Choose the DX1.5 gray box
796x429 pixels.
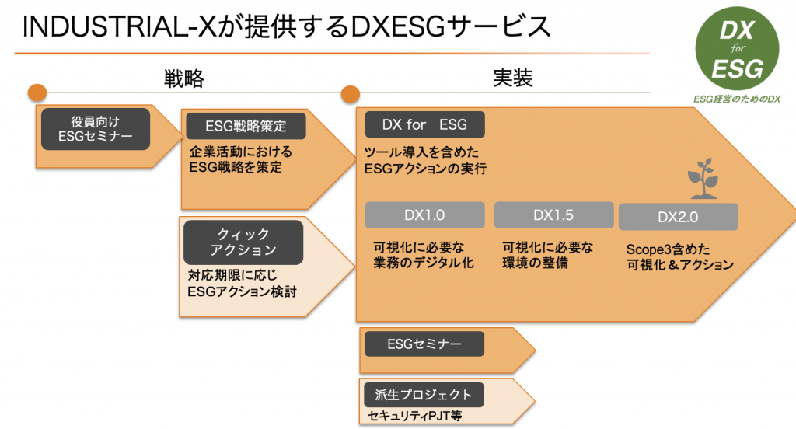click(553, 215)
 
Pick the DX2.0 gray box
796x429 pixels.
click(679, 217)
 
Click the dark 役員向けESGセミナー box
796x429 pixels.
click(96, 129)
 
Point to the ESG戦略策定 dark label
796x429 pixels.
click(246, 126)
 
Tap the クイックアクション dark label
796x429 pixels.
click(243, 242)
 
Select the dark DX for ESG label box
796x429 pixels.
click(424, 124)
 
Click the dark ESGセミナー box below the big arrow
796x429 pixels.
click(424, 343)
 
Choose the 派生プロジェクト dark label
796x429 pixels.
click(424, 394)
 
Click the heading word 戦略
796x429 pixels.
click(183, 78)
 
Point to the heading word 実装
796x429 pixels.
click(512, 78)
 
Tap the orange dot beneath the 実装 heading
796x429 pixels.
click(351, 93)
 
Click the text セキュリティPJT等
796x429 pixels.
click(414, 417)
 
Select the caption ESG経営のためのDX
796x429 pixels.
click(736, 99)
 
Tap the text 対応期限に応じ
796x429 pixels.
click(232, 275)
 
